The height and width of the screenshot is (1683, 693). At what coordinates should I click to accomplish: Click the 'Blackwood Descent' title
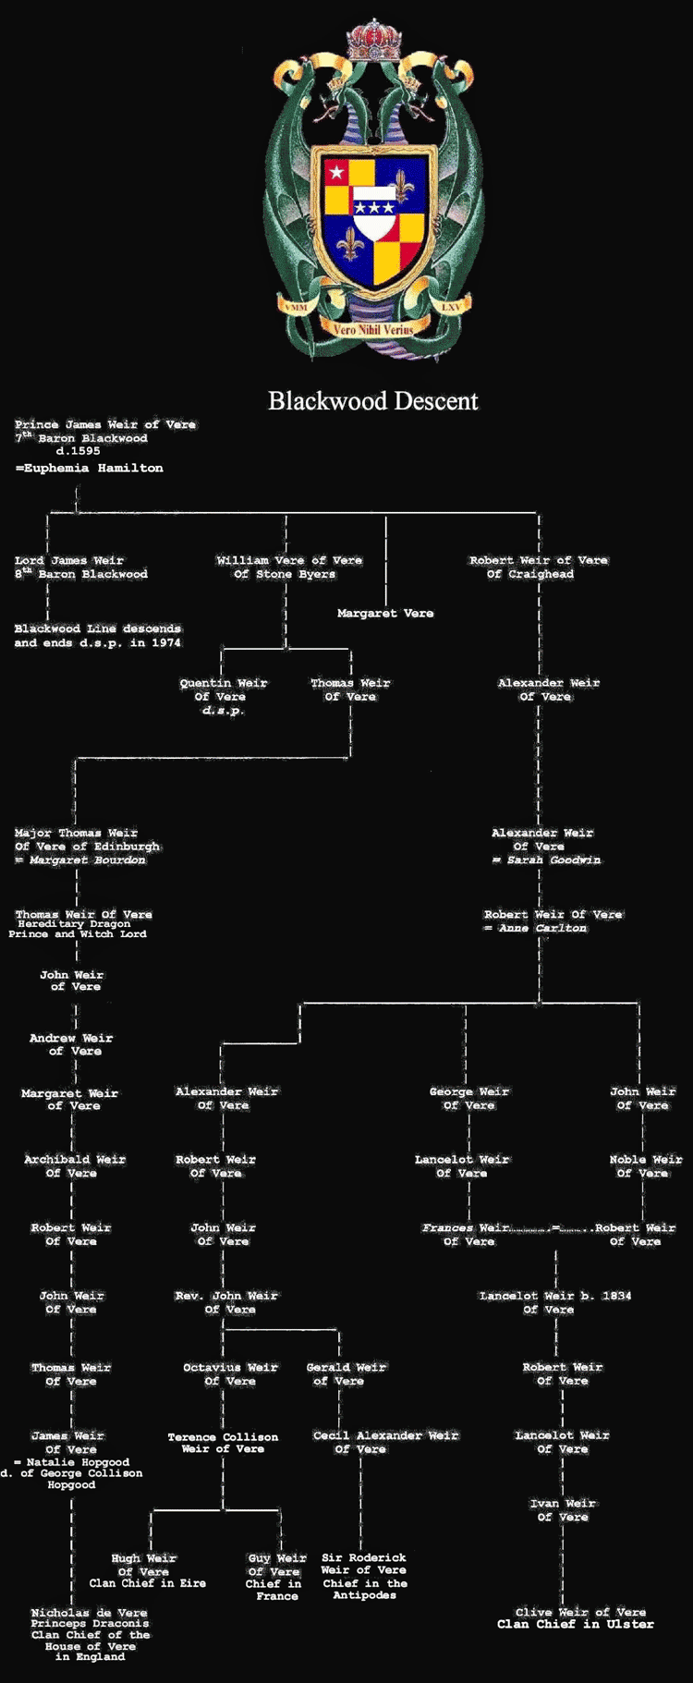(x=373, y=401)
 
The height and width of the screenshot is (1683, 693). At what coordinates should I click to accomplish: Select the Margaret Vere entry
(x=385, y=614)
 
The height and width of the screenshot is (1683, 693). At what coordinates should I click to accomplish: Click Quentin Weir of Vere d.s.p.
(x=224, y=697)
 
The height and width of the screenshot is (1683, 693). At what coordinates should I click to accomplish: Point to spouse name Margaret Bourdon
(x=87, y=860)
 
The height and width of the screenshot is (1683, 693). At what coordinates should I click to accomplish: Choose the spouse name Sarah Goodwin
(x=553, y=860)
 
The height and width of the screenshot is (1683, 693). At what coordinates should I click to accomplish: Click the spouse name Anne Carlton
(x=542, y=928)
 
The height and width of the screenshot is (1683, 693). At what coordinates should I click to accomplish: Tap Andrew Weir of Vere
(x=71, y=1044)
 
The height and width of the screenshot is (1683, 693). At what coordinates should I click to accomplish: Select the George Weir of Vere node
(x=469, y=1098)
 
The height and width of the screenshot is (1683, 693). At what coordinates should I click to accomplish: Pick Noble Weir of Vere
(x=646, y=1166)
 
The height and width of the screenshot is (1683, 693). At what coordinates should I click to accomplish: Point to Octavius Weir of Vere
(x=230, y=1374)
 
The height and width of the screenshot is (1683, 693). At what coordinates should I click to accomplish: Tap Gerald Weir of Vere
(x=346, y=1374)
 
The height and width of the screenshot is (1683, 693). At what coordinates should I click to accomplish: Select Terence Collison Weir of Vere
(x=223, y=1443)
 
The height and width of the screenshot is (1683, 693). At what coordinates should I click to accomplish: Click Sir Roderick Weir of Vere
(x=364, y=1576)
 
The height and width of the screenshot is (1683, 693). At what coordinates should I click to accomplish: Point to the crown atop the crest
(x=374, y=39)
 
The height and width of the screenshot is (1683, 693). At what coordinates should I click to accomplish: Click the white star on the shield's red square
(x=337, y=172)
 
